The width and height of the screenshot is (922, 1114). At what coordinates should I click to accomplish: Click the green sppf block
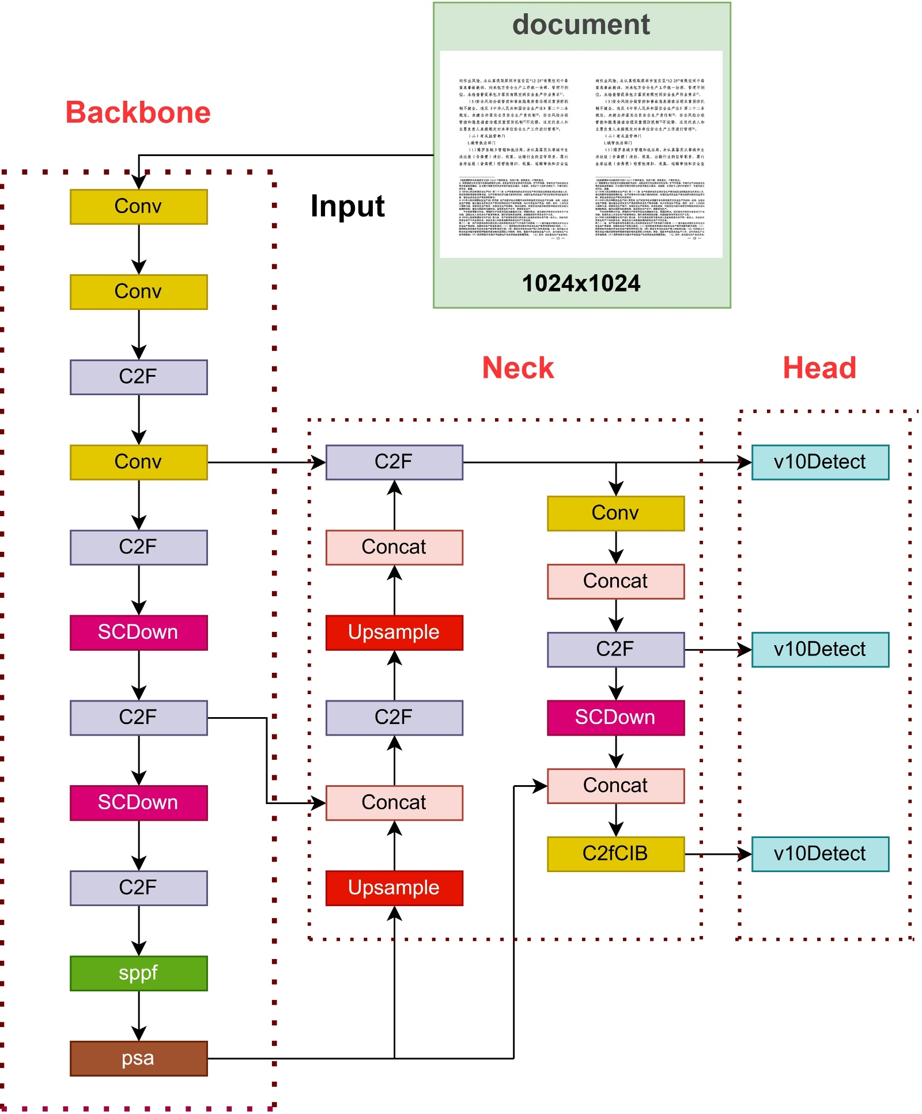138,973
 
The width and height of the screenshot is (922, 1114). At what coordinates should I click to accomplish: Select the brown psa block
138,1058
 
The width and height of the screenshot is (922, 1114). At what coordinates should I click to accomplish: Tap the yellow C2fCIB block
615,854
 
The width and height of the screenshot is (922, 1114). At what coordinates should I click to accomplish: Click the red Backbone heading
138,112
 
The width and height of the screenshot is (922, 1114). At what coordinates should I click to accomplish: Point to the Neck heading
517,367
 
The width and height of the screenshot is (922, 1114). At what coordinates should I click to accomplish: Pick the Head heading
819,367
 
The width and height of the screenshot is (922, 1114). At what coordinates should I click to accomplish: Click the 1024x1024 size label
581,283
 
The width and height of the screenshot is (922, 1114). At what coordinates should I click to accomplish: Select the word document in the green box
581,25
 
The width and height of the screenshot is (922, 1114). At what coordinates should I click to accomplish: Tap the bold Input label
347,206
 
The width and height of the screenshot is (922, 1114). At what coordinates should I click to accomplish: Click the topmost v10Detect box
819,462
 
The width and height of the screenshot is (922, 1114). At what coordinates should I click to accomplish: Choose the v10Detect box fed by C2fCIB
819,854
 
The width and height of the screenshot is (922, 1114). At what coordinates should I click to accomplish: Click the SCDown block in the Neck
615,718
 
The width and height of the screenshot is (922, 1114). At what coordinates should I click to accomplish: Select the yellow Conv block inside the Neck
615,513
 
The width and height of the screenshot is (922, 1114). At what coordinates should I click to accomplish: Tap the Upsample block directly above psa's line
394,888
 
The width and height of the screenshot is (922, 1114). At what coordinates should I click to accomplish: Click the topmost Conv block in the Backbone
138,206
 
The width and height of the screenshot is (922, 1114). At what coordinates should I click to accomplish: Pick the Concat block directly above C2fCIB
615,786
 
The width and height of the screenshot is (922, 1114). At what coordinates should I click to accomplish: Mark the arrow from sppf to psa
139,1016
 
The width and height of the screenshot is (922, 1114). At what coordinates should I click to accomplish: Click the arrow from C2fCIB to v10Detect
717,854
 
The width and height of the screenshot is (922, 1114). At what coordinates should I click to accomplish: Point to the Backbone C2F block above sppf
138,888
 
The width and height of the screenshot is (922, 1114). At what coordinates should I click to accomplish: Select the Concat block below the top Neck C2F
394,547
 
